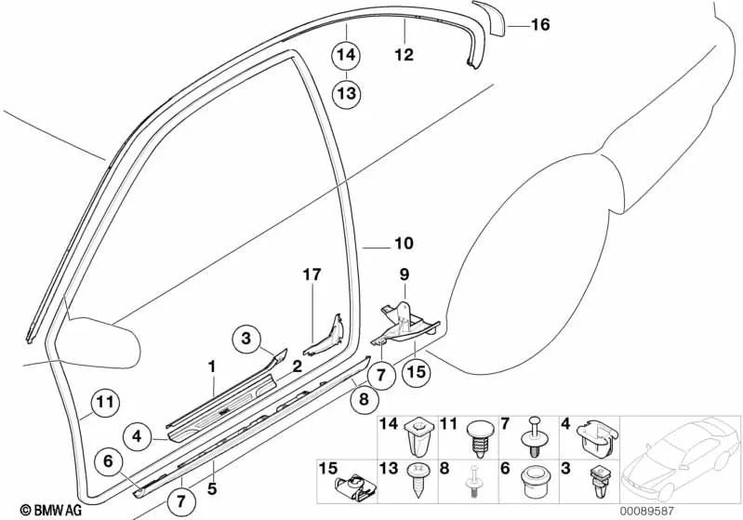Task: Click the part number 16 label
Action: (x=540, y=25)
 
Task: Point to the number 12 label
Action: (x=404, y=55)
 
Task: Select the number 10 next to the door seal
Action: (x=402, y=246)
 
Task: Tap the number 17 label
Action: (x=312, y=274)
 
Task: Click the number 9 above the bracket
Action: (x=404, y=274)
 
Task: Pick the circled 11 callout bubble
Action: (x=105, y=404)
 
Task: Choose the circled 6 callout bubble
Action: (x=107, y=459)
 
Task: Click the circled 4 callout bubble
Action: (x=136, y=433)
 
